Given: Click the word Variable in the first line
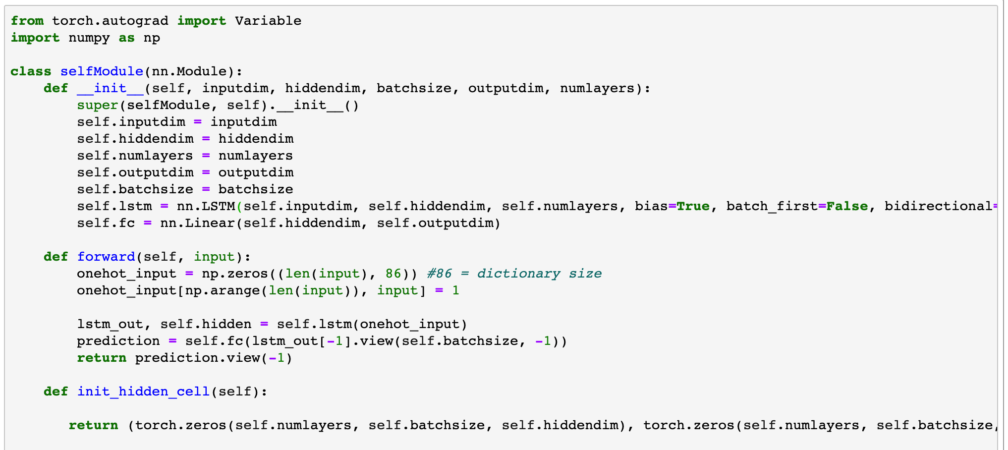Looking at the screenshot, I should tap(268, 21).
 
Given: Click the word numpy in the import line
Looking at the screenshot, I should tap(89, 38).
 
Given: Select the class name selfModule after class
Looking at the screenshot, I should tap(102, 71).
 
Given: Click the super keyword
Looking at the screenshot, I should tap(98, 105).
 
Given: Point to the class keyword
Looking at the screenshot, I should tap(31, 71).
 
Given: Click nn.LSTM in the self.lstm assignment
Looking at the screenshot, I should tap(206, 206).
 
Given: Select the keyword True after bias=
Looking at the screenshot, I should tap(693, 206).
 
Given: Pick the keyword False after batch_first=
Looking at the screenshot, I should tap(847, 206).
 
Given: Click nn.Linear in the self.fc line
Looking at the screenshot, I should tap(198, 223).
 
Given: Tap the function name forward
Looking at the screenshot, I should tap(106, 257).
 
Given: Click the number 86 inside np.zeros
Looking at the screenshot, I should tap(393, 274).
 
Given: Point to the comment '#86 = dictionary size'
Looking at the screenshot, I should tap(514, 274).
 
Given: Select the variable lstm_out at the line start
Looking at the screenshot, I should tap(110, 324).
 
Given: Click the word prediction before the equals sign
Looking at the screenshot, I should tap(118, 341).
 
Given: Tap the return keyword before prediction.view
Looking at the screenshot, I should tap(102, 358).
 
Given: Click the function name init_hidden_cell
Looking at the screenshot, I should tap(143, 392).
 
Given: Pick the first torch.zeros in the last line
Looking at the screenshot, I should tap(181, 425).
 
